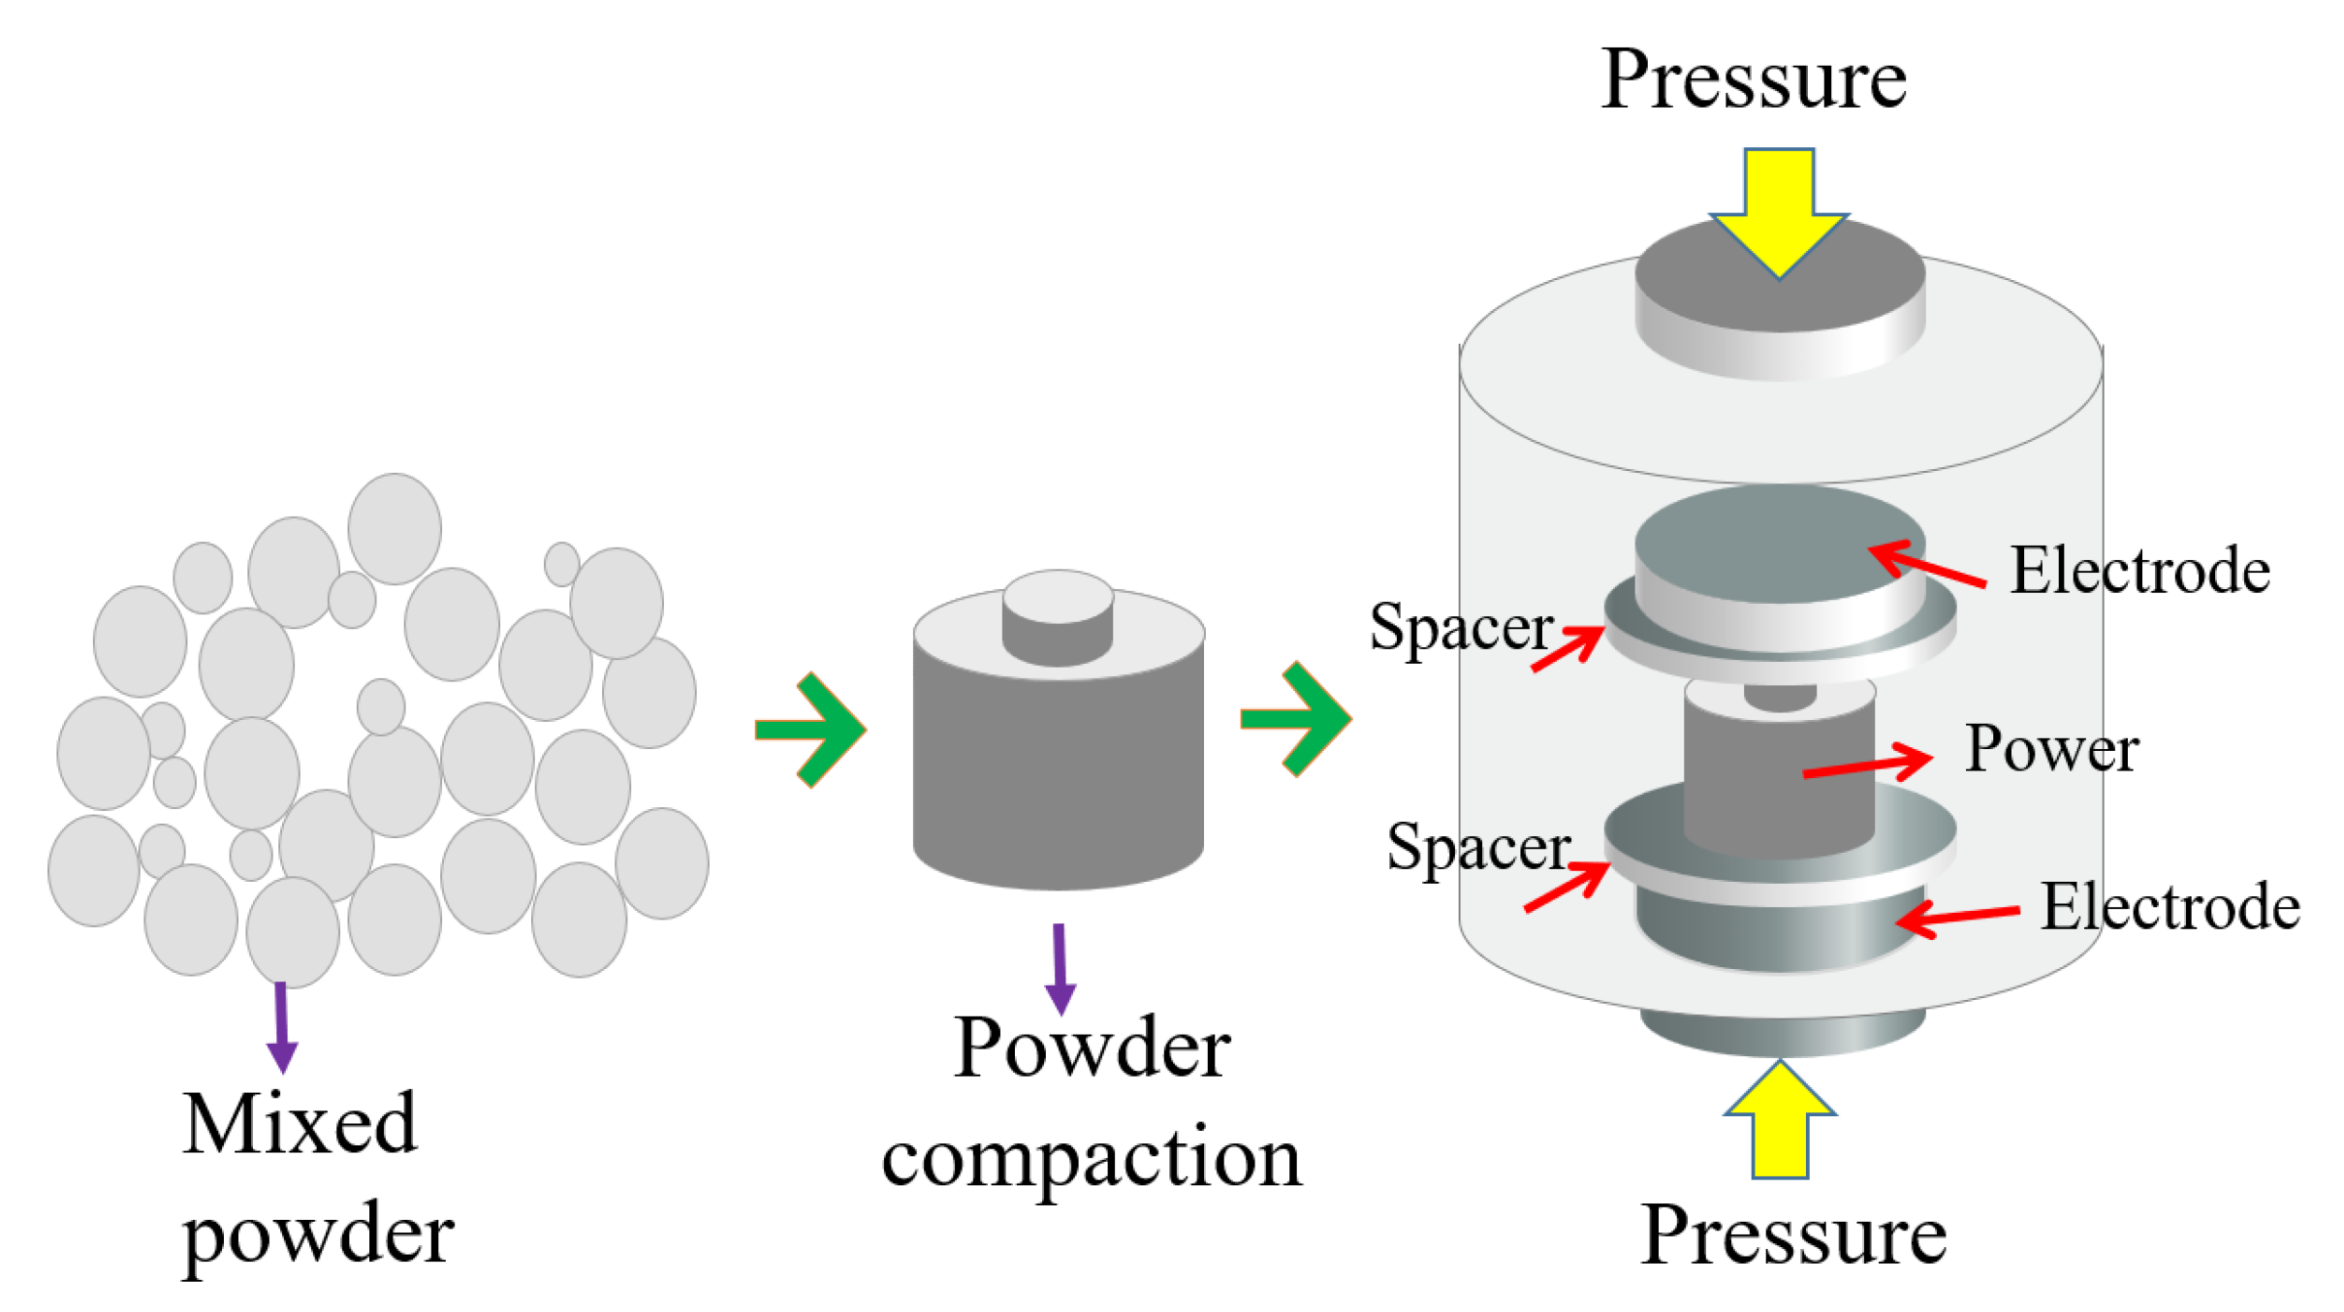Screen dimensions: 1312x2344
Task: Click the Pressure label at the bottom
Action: pyautogui.click(x=1792, y=1235)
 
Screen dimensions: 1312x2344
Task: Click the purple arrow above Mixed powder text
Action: pyautogui.click(x=281, y=1027)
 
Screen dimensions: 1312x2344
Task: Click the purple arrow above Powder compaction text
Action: pyautogui.click(x=1060, y=969)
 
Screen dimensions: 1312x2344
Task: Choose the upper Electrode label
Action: pyautogui.click(x=2139, y=571)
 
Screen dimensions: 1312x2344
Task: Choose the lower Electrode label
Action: pyautogui.click(x=2170, y=907)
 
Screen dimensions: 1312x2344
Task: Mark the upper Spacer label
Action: pyautogui.click(x=1461, y=628)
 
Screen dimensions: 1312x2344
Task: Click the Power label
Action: pyautogui.click(x=2051, y=749)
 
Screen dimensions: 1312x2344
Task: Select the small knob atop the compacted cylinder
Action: pyautogui.click(x=1057, y=616)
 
